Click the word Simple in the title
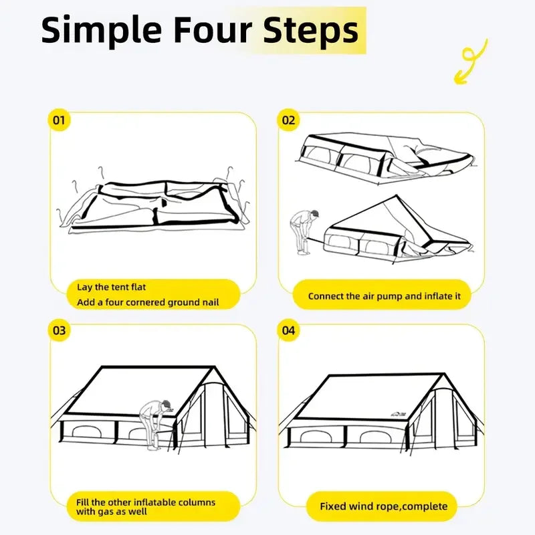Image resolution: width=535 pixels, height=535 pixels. (102, 31)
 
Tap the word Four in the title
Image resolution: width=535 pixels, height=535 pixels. (213, 30)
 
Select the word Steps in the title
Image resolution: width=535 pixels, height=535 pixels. (311, 31)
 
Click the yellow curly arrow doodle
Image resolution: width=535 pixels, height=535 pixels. (470, 62)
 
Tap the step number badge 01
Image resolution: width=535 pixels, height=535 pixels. (59, 120)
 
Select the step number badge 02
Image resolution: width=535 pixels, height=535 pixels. (288, 120)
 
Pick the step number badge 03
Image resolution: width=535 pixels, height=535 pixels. (59, 330)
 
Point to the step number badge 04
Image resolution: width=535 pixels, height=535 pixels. (288, 330)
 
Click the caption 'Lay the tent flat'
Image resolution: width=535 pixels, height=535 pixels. (111, 287)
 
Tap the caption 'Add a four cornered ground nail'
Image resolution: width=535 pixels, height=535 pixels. (148, 302)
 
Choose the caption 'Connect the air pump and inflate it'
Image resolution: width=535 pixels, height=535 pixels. (384, 296)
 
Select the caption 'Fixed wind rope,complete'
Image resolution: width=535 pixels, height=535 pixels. (383, 506)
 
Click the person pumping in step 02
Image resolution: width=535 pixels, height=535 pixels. (304, 232)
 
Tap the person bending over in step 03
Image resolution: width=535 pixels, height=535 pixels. (156, 425)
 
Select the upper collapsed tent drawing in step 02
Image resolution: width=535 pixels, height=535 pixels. (385, 158)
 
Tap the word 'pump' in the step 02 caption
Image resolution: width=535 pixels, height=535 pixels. (399, 297)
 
